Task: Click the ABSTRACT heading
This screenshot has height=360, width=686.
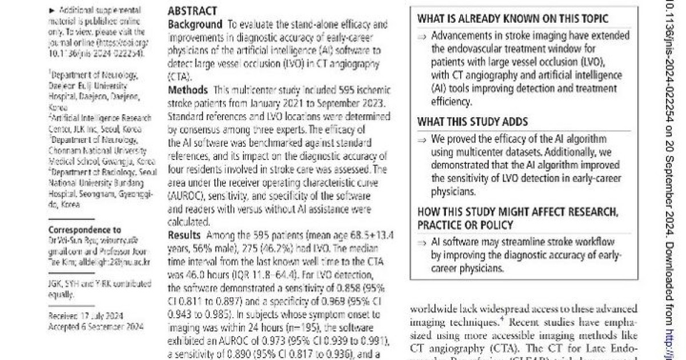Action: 192,11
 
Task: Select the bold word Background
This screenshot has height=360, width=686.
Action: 195,25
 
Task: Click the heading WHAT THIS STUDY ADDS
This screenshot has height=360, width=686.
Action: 472,122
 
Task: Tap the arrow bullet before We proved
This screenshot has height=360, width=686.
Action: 422,140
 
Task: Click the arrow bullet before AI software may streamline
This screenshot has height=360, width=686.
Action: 422,243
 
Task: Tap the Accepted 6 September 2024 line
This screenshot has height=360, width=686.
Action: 96,326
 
